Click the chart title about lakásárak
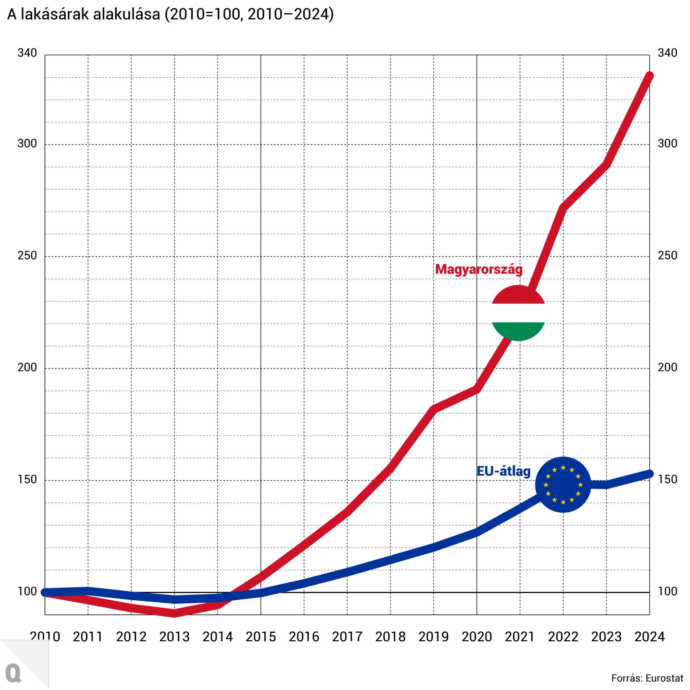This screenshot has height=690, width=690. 170,14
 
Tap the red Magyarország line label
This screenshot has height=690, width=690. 479,269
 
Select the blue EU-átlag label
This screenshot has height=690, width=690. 504,471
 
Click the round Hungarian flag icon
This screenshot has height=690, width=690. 518,313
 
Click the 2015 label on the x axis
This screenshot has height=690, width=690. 261,637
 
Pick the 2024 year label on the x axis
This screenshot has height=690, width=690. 649,637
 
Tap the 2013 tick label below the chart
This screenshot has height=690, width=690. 174,637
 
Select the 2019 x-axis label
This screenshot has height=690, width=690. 434,637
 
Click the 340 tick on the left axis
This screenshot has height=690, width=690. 27,53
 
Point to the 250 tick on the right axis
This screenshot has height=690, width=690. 667,255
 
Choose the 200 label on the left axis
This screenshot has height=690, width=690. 27,367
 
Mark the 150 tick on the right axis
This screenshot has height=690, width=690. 667,479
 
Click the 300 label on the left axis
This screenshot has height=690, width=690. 27,144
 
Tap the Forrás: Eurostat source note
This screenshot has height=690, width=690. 647,678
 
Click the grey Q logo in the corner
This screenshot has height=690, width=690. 13,673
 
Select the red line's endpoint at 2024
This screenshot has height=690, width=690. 650,76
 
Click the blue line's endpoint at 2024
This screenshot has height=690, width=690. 650,474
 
